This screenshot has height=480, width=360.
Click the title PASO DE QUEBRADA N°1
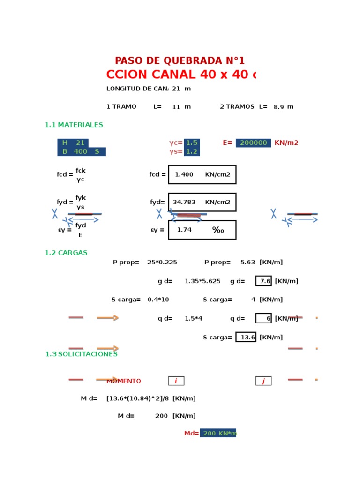(180, 61)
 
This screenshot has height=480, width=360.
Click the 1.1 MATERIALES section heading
(74, 125)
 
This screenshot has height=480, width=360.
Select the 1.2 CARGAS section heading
(66, 253)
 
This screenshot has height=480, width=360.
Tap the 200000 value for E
(253, 143)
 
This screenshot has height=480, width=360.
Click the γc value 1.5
(192, 143)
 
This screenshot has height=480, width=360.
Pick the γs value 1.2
(192, 152)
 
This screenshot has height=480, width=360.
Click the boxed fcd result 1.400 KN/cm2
(202, 175)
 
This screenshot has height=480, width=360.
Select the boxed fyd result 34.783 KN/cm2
(202, 202)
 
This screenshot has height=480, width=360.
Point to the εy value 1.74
(184, 230)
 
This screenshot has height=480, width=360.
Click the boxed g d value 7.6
(263, 281)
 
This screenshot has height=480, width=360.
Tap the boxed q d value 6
(263, 319)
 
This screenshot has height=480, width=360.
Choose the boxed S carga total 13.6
(246, 337)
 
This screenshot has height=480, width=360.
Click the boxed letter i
(176, 381)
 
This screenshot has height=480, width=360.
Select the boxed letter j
(263, 381)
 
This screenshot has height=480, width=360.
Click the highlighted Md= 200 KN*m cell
(218, 434)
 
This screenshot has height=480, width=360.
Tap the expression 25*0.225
(162, 262)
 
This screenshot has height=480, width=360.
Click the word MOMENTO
(124, 381)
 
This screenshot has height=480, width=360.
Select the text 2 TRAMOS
(237, 107)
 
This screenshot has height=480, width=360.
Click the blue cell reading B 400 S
(81, 152)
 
